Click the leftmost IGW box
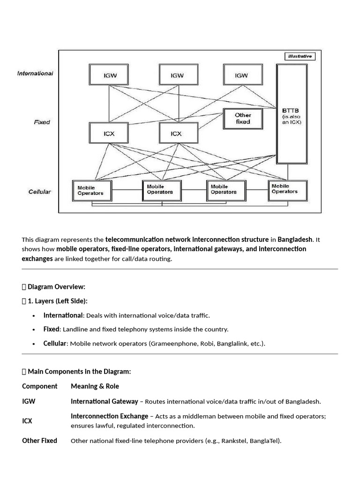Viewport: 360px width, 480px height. coord(108,75)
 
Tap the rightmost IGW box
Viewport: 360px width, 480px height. coord(241,75)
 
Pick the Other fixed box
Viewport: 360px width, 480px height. coord(243,118)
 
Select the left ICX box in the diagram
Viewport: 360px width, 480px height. coord(108,133)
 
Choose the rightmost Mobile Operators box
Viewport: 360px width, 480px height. coord(287,188)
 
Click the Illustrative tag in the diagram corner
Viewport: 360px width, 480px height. coord(300,57)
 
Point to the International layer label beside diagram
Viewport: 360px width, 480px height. coord(35,73)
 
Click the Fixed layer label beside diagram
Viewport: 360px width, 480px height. coord(42,122)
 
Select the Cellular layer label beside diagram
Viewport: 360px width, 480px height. coord(40,192)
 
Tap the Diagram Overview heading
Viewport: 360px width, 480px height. coord(56,286)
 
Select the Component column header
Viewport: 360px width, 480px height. coord(39,386)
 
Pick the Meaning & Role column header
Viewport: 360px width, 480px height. coord(95,386)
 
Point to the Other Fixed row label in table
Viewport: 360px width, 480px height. coord(39,441)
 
